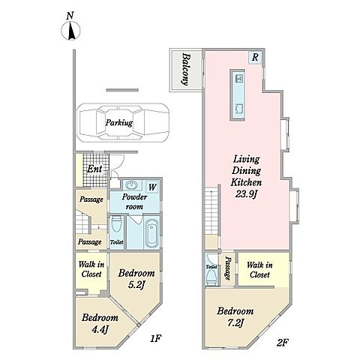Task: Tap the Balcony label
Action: point(185,69)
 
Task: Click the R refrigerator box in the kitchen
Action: point(255,57)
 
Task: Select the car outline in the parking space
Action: point(122,122)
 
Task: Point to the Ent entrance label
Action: point(94,169)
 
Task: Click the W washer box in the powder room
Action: point(152,187)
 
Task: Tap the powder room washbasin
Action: point(131,185)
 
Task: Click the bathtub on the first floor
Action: point(151,232)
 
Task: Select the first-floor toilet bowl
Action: point(116,224)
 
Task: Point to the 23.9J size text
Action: point(246,194)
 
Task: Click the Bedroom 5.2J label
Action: point(136,279)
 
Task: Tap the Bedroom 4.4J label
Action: point(100,323)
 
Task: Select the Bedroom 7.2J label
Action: point(235,317)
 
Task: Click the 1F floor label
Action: point(156,338)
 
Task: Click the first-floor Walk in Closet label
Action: point(91,269)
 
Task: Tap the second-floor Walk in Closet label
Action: point(259,269)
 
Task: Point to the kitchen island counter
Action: point(237,95)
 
